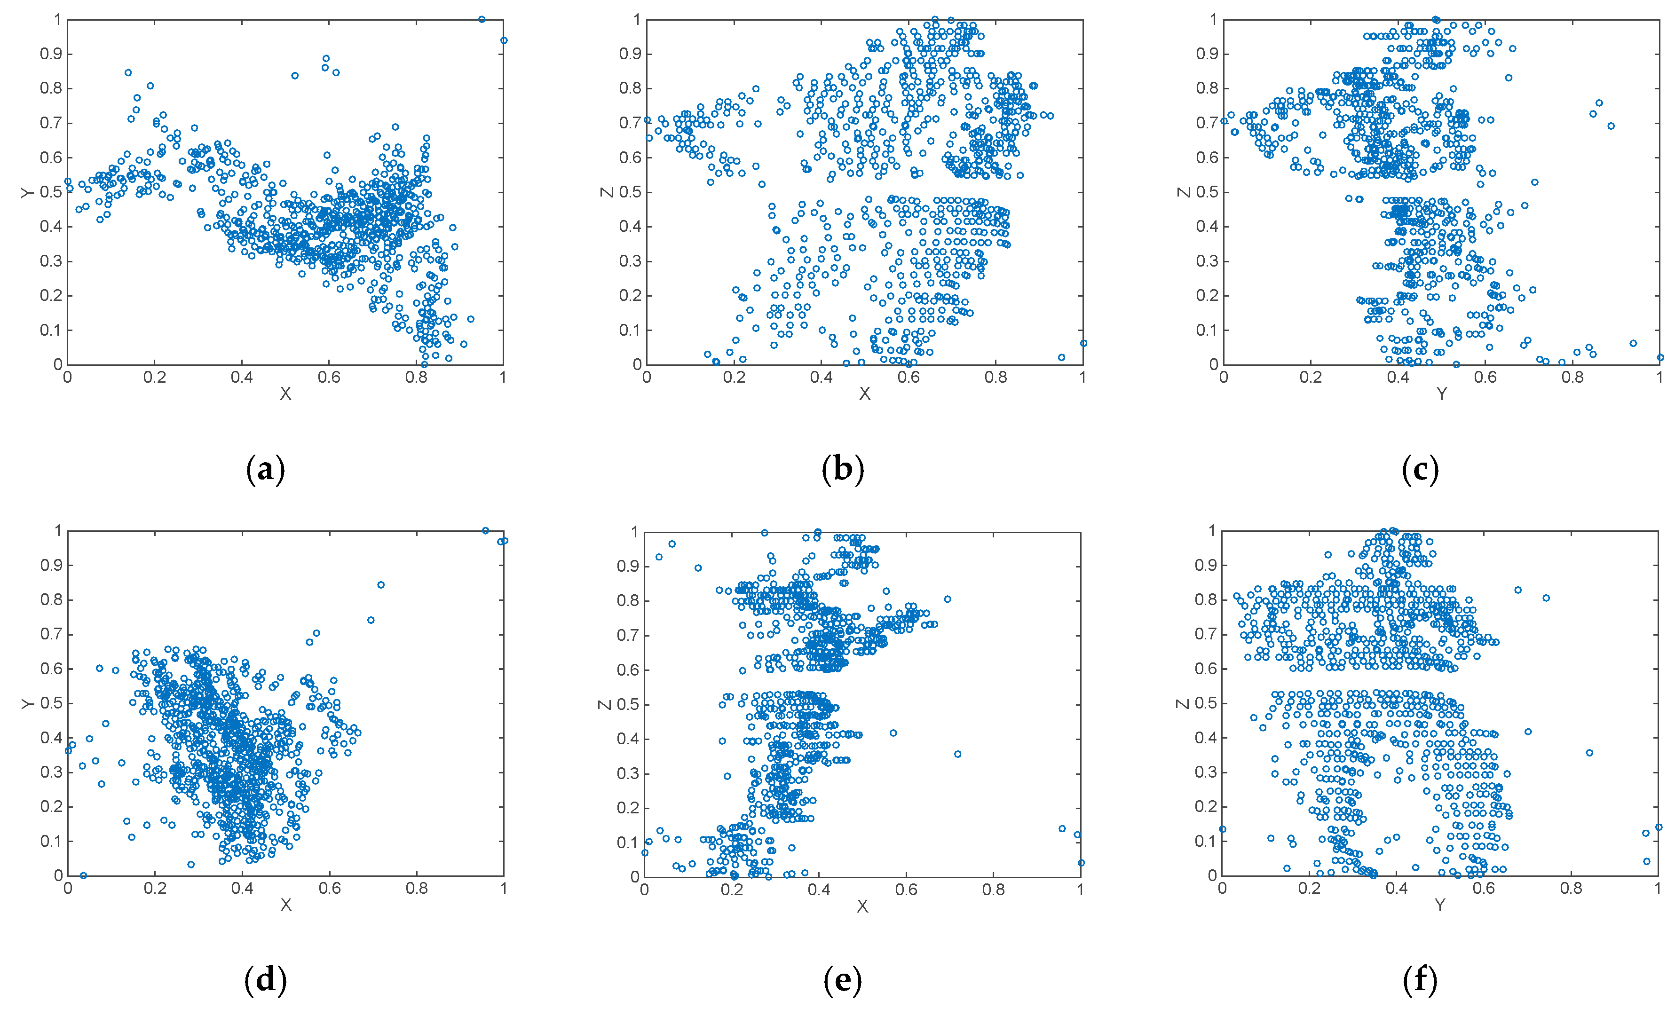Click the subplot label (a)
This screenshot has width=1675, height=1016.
click(x=265, y=470)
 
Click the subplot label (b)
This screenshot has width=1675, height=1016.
click(x=843, y=470)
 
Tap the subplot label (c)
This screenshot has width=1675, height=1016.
click(x=1420, y=470)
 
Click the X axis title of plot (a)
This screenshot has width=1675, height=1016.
click(x=285, y=394)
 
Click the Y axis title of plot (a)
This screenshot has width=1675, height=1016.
click(x=28, y=192)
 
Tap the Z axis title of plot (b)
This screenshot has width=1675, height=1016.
click(x=606, y=192)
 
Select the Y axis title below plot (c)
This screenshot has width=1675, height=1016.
click(x=1441, y=394)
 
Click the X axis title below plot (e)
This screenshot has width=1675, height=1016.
click(x=862, y=906)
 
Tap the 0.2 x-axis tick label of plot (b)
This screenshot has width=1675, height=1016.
click(x=734, y=377)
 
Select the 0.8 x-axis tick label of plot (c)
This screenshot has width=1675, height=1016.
click(x=1572, y=377)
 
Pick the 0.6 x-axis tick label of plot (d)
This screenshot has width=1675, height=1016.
click(x=330, y=888)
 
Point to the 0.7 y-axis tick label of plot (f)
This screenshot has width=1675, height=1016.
click(x=1206, y=634)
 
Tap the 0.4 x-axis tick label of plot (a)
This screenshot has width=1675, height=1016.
click(x=242, y=377)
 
